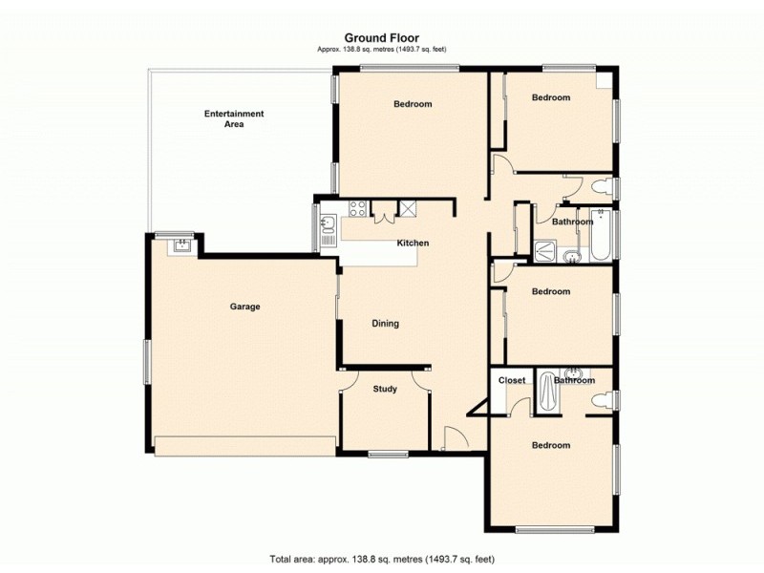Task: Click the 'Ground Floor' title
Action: [381, 38]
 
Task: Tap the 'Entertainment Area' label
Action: [234, 118]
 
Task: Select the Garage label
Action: [244, 307]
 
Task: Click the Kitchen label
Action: [414, 243]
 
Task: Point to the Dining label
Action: [385, 324]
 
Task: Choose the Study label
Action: [385, 389]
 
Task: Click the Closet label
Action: [512, 380]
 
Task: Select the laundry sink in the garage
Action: [180, 245]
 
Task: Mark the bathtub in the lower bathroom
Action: [547, 393]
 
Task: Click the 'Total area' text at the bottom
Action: [381, 558]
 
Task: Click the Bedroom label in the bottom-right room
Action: [551, 445]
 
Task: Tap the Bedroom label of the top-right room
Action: [551, 97]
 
